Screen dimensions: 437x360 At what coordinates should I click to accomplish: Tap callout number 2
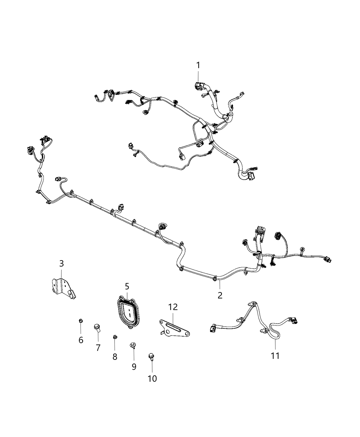point(220,295)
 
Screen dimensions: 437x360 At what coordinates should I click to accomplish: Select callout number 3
point(61,264)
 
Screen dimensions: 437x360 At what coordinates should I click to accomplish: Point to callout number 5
point(127,286)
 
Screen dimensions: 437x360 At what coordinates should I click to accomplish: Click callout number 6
point(81,340)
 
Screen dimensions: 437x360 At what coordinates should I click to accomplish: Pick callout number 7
point(98,348)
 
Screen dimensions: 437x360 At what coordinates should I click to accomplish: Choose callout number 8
point(115,356)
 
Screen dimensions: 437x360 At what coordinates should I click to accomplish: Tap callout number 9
point(134,366)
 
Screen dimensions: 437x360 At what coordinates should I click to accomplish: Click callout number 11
point(275,356)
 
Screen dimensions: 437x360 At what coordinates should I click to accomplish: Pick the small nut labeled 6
point(81,320)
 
